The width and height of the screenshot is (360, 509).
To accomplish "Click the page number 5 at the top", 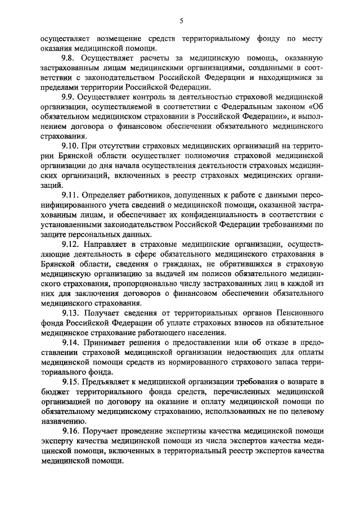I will (181, 21).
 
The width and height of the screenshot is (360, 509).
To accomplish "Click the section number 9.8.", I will (69, 58).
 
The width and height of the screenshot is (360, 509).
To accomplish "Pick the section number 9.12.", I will (71, 244).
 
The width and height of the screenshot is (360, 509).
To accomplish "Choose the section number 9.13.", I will (71, 312).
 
